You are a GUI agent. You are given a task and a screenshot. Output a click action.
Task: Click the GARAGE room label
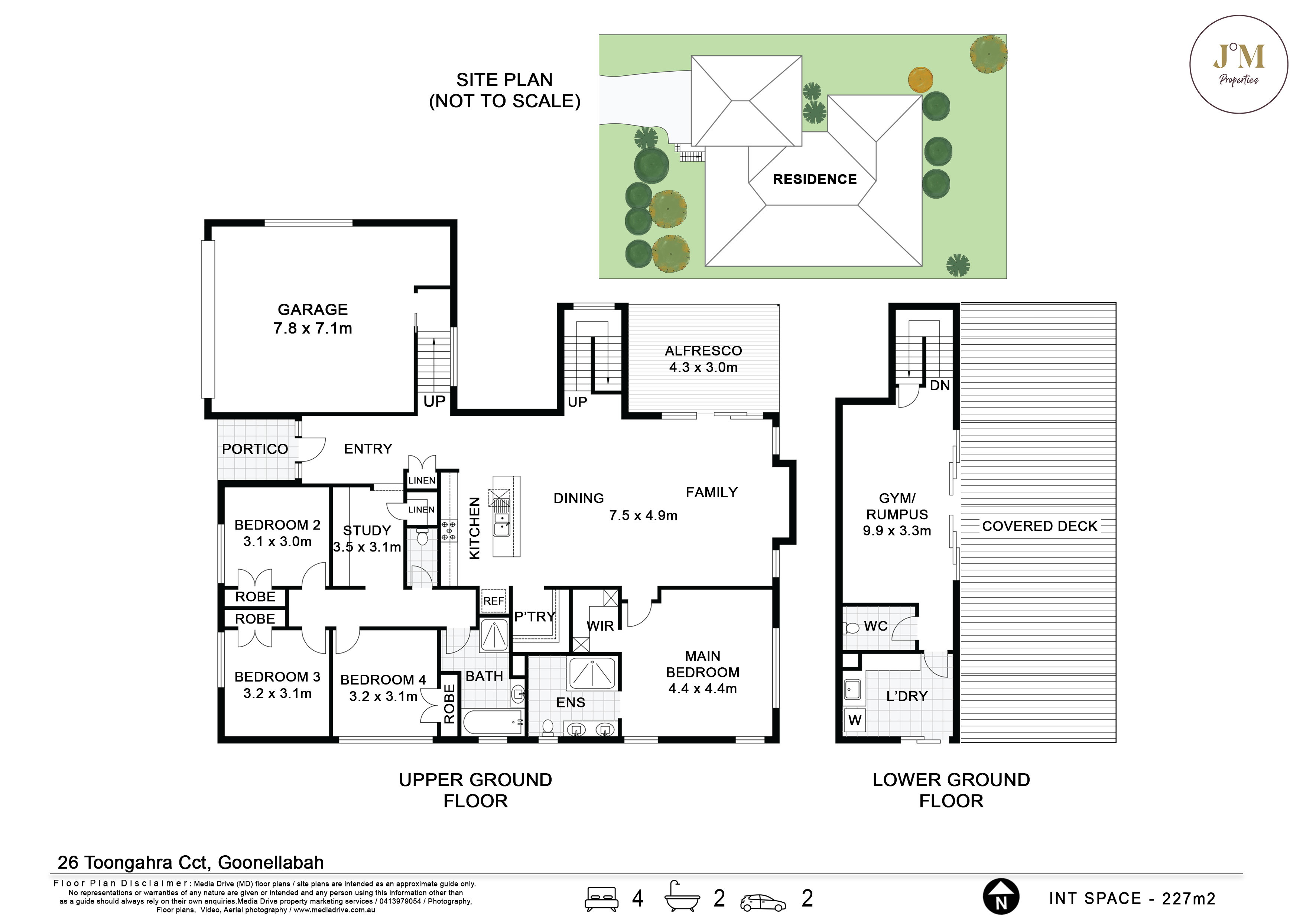313,309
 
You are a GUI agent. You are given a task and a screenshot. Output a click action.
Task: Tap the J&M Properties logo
1238,64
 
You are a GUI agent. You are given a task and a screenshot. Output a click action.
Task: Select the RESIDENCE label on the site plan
815,179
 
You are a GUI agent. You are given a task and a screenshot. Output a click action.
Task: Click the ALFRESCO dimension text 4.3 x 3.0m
703,367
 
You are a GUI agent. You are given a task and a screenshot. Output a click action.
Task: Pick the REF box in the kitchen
493,601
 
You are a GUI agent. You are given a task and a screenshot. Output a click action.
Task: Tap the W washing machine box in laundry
855,720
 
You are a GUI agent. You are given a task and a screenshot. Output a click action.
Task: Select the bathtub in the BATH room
493,722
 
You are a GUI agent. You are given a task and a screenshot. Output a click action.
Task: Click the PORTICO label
255,449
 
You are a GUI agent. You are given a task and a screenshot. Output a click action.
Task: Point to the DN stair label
940,385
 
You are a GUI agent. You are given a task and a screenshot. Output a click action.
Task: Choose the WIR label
600,626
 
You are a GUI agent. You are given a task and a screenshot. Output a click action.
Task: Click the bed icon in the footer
602,898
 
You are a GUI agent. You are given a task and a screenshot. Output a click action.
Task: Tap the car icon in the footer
763,902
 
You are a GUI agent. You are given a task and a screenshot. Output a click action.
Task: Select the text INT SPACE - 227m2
1132,898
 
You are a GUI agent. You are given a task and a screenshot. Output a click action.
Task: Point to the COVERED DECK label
1040,526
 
